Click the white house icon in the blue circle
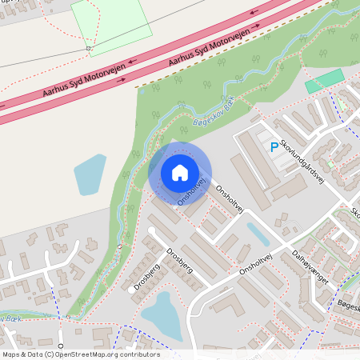(x=180, y=172)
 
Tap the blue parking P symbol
(x=274, y=147)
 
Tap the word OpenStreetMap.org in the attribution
(x=87, y=354)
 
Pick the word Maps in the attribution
(x=11, y=354)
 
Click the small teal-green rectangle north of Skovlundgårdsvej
(x=324, y=80)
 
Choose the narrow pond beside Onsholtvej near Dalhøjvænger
(x=258, y=234)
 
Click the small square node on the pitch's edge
(x=89, y=49)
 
